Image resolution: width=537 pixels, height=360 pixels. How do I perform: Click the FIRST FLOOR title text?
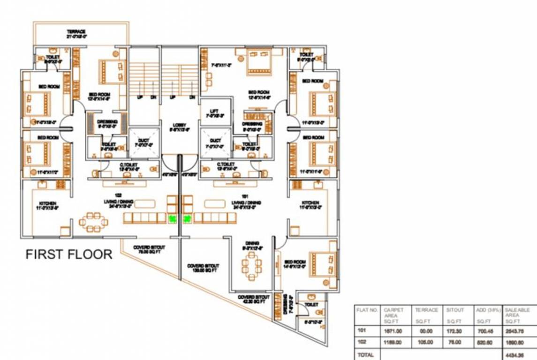point(69,255)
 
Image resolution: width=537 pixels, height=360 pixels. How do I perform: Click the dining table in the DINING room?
point(252,265)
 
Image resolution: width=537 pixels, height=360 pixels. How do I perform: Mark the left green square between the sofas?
point(172,218)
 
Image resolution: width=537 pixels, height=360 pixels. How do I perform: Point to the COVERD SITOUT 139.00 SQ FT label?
point(203,268)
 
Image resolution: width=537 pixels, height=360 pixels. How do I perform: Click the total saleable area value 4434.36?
point(514,355)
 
